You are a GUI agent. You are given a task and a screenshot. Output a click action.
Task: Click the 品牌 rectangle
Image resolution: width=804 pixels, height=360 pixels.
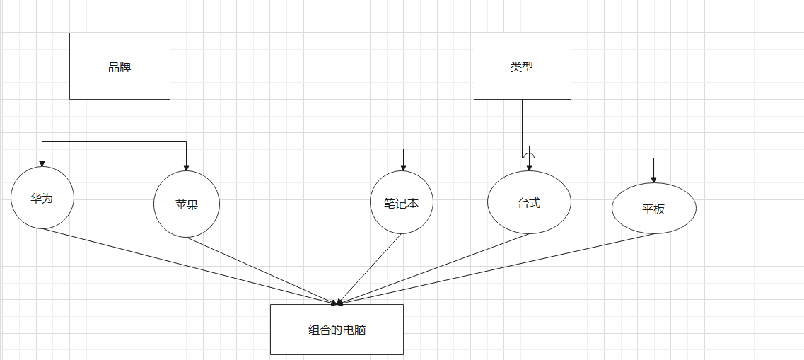coord(120,66)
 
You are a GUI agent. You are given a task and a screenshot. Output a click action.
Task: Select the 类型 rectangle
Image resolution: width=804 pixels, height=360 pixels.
coord(522,66)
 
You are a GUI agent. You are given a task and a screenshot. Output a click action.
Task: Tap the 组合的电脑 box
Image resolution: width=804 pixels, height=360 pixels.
coord(337,330)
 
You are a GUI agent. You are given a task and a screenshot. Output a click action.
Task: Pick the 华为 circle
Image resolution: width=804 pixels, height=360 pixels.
coord(42,198)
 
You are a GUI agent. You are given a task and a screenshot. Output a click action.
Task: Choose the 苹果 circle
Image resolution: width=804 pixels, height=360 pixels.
coord(187,204)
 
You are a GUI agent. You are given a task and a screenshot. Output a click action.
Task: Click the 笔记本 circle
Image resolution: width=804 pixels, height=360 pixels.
coord(402,203)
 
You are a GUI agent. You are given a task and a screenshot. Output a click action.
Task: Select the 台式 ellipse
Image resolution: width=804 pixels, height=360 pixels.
coord(529,202)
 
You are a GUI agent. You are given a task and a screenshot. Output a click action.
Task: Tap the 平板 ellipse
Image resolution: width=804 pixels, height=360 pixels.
coord(653,209)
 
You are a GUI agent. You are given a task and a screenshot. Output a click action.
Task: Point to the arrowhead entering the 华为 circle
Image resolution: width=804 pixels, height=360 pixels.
coord(42,163)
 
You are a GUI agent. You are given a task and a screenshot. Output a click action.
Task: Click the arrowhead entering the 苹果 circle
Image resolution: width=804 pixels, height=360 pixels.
coord(186,168)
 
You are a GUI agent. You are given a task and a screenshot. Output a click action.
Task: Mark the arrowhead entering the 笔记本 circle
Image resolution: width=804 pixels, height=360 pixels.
coord(403,168)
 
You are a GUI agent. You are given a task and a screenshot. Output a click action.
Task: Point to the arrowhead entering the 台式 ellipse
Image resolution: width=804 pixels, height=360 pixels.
coord(530,168)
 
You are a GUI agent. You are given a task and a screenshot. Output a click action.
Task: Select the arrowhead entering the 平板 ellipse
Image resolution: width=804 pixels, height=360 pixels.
coord(653,179)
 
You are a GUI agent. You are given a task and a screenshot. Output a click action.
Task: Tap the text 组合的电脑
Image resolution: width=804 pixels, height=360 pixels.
coord(337,330)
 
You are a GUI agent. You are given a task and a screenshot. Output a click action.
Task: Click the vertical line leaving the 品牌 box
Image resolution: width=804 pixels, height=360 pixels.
coord(120,120)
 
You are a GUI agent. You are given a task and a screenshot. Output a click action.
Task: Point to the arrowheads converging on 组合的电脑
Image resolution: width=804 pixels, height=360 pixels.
coord(339,302)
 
